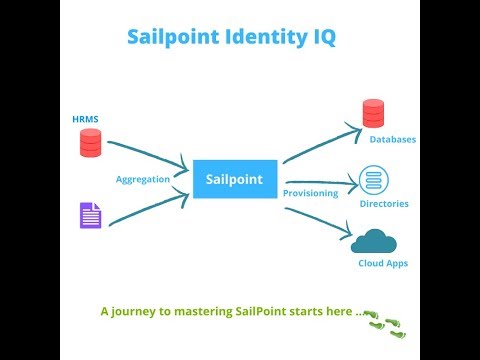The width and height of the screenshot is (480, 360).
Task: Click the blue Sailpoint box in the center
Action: (x=234, y=179)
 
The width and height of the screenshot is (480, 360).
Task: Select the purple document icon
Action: (x=90, y=215)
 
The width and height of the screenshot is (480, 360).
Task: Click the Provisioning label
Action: (x=309, y=192)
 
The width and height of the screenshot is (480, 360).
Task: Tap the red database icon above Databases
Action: (x=373, y=113)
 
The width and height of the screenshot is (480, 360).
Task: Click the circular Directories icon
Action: (x=373, y=180)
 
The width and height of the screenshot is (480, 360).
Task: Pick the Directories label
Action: (x=384, y=204)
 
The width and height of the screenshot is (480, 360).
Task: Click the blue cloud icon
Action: (x=374, y=241)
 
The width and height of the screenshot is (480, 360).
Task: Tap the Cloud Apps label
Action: (x=383, y=263)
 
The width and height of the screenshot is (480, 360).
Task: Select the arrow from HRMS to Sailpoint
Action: (x=150, y=154)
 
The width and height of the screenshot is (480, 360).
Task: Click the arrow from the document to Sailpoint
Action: (x=150, y=207)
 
